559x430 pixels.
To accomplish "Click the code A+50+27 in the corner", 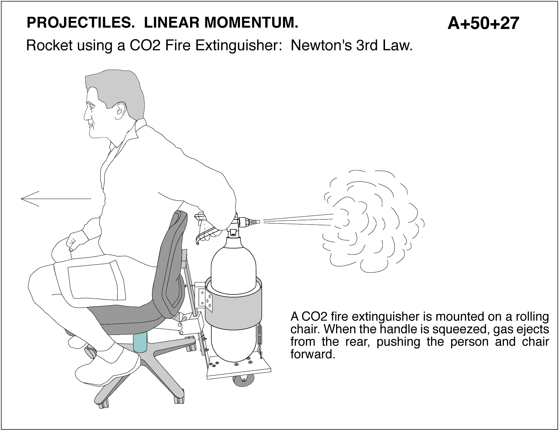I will point(483,23).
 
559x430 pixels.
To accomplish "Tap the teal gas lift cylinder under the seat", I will point(140,342).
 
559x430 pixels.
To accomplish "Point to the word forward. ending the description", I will point(313,354).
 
